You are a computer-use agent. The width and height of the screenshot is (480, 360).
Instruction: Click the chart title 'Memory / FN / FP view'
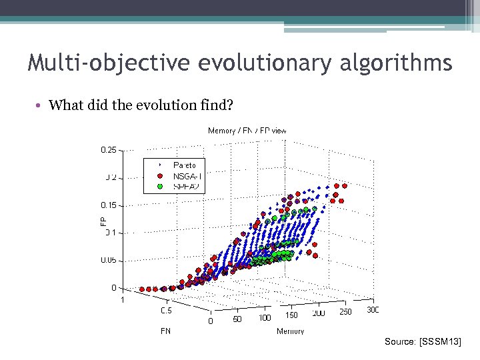click(247, 131)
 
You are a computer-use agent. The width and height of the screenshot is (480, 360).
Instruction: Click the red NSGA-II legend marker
click(159, 176)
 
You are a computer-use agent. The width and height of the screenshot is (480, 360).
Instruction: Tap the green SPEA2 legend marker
click(159, 186)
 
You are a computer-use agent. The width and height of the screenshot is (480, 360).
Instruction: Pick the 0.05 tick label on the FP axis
click(109, 261)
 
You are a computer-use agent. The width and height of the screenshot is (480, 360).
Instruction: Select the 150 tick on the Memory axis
click(291, 315)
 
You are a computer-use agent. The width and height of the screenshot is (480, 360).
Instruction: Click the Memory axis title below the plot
click(290, 331)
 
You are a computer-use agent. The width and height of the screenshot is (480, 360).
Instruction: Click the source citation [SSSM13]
click(422, 342)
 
